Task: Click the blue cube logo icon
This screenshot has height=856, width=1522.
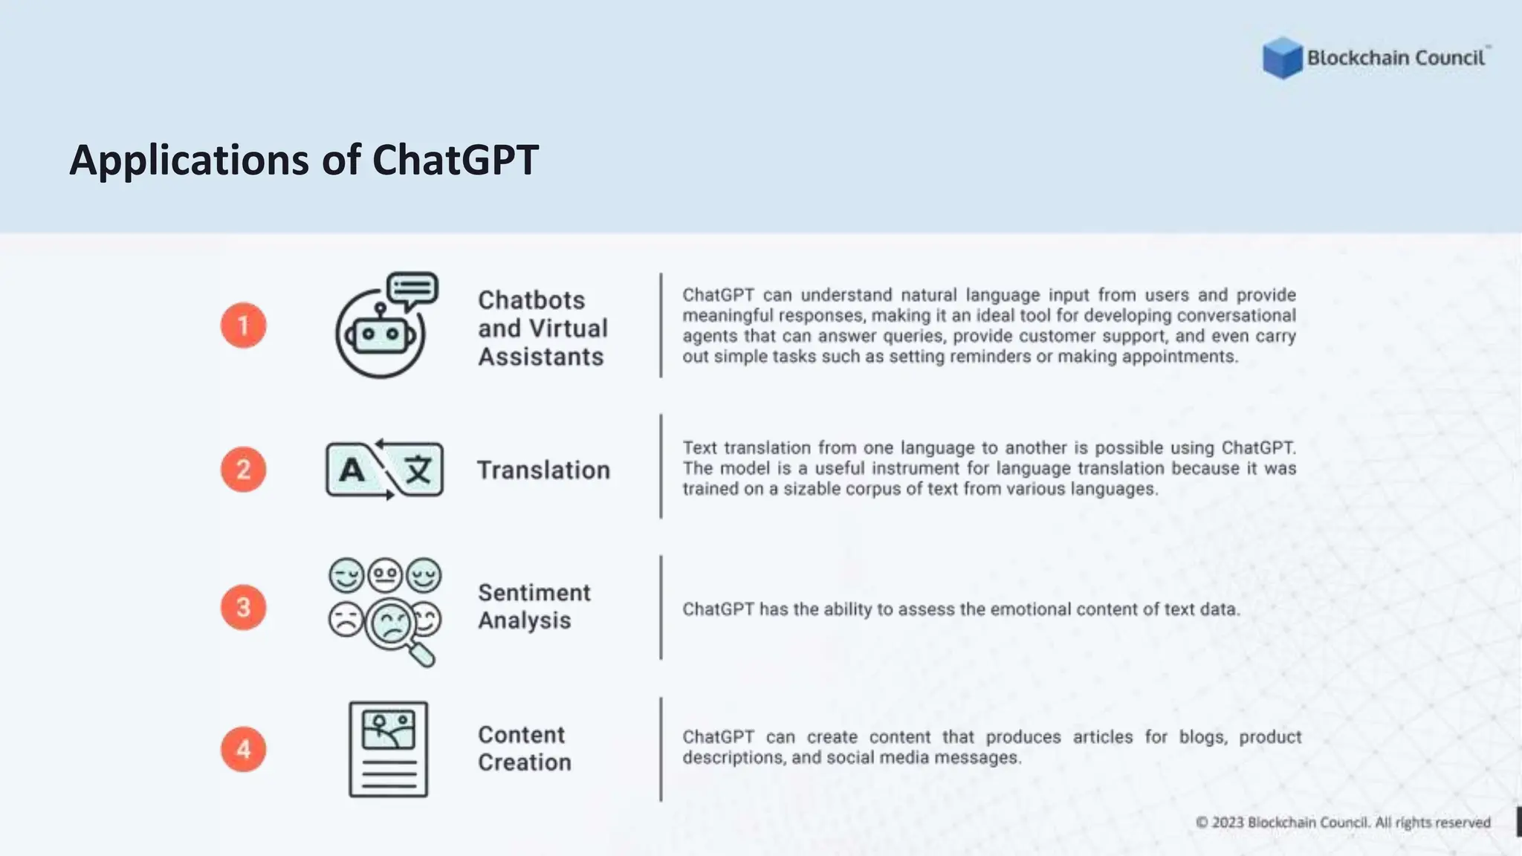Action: tap(1282, 57)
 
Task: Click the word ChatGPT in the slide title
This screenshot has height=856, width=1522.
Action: tap(455, 160)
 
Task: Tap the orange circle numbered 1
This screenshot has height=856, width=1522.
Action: tap(243, 325)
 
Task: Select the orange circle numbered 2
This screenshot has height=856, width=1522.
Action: tap(243, 470)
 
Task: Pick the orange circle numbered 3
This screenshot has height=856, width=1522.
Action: tap(243, 608)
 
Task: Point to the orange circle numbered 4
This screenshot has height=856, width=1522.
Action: tap(243, 749)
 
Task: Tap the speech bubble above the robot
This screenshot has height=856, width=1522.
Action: tap(412, 290)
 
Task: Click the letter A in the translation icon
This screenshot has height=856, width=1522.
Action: tap(352, 470)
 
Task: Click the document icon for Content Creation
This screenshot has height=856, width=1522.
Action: tap(388, 749)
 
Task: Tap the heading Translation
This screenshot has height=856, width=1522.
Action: tap(543, 470)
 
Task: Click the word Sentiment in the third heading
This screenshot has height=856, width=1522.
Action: tap(534, 593)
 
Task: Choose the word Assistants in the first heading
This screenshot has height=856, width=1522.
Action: tap(540, 357)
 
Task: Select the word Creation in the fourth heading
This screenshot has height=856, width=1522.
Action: tap(524, 762)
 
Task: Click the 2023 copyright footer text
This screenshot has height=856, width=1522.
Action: tap(1342, 823)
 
